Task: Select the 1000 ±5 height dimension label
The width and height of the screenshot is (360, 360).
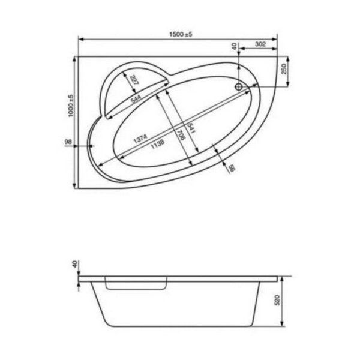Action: pos(70,106)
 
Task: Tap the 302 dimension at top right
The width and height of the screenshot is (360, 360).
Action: pos(260,45)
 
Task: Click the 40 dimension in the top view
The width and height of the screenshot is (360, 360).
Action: pos(234,46)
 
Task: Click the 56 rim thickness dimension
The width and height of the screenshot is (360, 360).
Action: pos(230,169)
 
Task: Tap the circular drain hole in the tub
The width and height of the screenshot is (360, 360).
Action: pos(239,87)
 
